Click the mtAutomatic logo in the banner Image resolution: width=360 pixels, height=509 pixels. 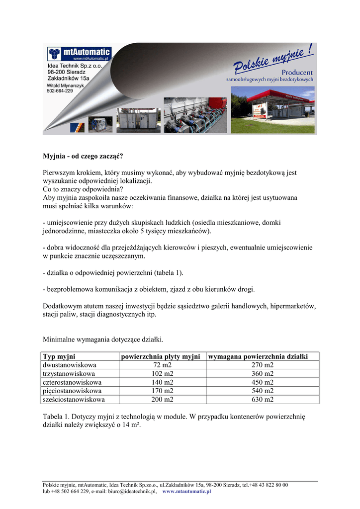point(79,52)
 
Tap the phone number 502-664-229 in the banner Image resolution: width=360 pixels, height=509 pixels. point(60,91)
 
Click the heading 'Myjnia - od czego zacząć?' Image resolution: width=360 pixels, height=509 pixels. point(83,156)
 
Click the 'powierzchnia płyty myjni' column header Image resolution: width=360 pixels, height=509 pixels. point(161,356)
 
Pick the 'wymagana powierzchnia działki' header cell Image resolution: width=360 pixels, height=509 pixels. point(258,356)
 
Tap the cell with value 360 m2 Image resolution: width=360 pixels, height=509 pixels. point(263,374)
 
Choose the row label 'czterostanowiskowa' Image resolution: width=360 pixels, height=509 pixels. point(73,382)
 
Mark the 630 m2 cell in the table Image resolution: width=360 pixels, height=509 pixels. point(263,399)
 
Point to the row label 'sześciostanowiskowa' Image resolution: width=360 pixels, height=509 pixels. point(74,399)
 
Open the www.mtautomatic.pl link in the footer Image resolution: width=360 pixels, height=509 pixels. point(187,492)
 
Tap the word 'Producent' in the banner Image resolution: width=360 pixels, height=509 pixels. point(296,73)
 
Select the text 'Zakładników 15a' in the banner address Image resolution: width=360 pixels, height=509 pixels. point(68,79)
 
